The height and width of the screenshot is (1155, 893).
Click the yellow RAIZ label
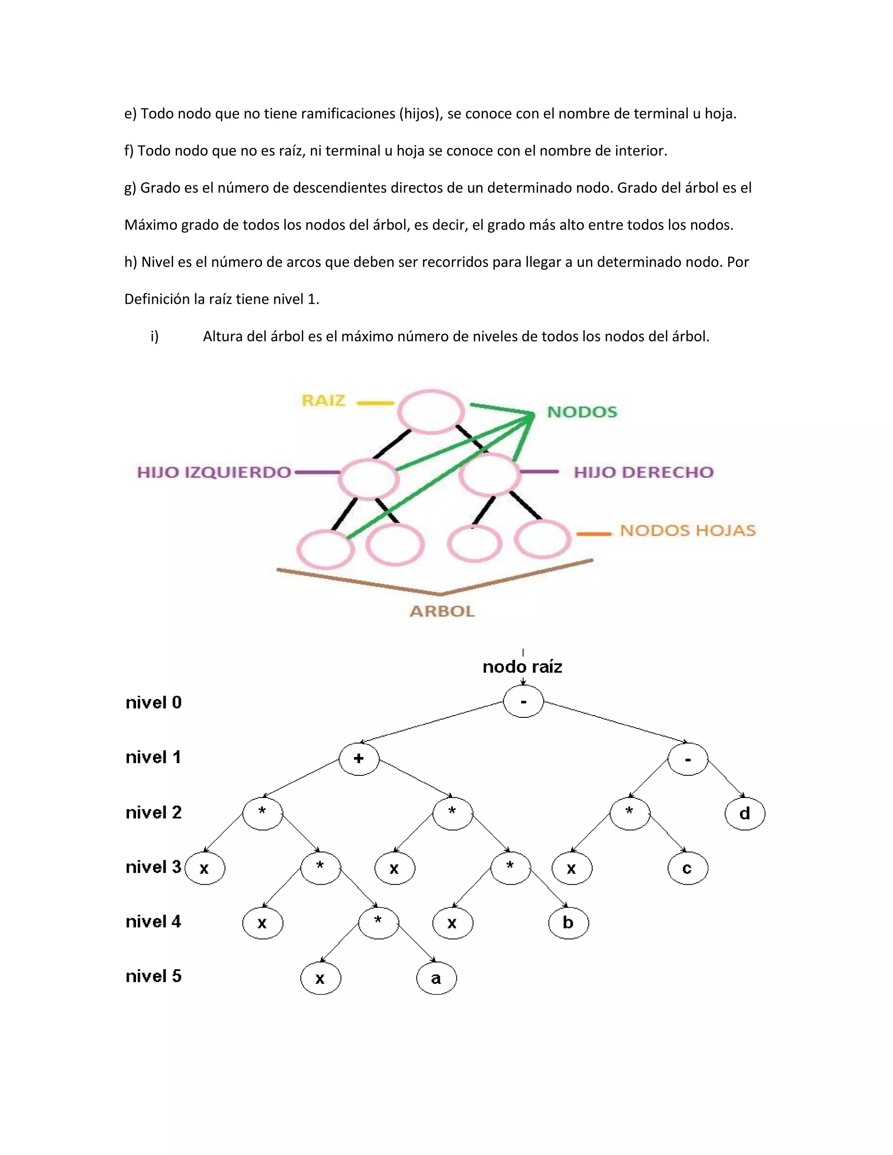click(x=323, y=401)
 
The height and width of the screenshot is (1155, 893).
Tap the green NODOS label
click(x=582, y=412)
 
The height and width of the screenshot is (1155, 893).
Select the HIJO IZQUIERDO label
click(x=214, y=472)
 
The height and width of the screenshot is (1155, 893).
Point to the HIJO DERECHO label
click(x=643, y=472)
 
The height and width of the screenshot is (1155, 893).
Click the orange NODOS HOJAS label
click(x=687, y=530)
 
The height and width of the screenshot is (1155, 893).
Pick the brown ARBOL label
click(x=442, y=611)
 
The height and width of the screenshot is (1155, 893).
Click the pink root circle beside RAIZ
click(x=431, y=412)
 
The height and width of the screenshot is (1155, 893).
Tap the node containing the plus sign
click(x=359, y=759)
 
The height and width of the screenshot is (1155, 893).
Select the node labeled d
click(x=744, y=813)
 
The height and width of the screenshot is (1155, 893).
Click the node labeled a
click(x=436, y=978)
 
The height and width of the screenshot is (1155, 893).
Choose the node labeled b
click(x=568, y=923)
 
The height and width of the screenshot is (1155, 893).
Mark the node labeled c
click(x=687, y=868)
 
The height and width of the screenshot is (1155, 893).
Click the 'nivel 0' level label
click(x=153, y=703)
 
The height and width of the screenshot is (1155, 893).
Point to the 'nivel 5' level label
click(x=153, y=976)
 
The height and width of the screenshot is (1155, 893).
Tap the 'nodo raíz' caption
click(x=522, y=667)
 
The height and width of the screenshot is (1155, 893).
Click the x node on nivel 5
click(x=320, y=978)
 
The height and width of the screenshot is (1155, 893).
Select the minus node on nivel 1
click(x=687, y=759)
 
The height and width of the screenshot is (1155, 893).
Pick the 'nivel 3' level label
click(x=153, y=867)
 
